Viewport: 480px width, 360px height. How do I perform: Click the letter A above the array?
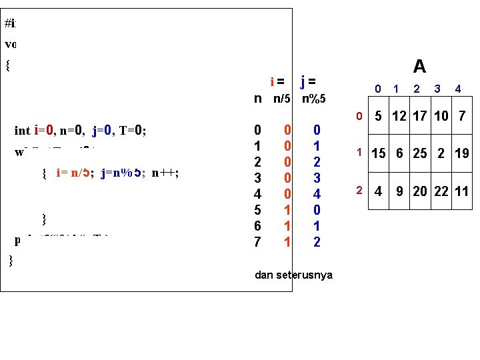coord(419,66)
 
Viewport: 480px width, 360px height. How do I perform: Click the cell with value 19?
coord(462,153)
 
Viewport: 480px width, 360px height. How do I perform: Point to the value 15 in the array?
coord(379,153)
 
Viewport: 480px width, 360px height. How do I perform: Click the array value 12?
coord(399,117)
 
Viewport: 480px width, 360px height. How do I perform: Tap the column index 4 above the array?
coord(458,88)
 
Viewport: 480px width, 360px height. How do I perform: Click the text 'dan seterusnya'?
coord(294,275)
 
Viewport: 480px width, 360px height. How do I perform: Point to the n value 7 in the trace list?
coord(257,242)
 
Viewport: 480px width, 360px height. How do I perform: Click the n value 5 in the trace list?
coord(257,210)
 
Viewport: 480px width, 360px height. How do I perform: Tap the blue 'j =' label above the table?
coord(308,82)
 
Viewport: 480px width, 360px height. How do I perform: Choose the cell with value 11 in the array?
coord(462,192)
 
